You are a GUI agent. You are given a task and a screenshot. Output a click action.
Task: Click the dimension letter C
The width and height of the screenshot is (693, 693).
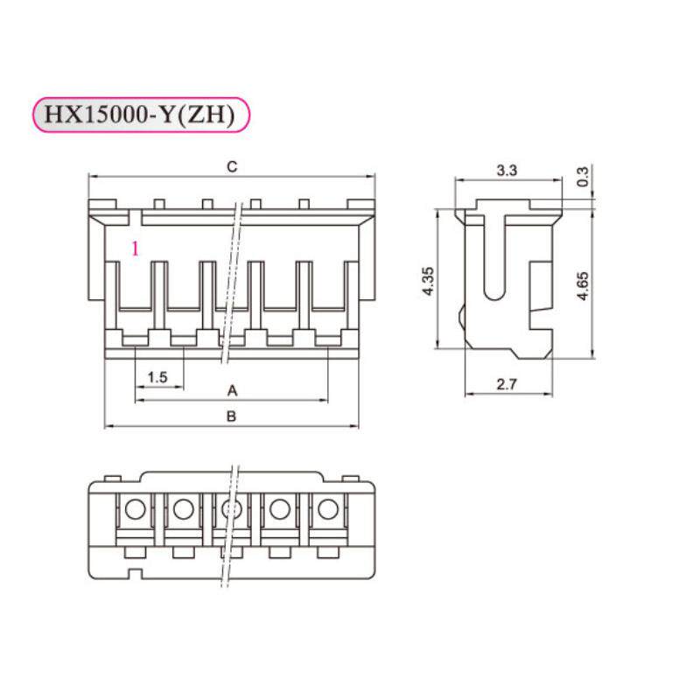click(x=231, y=166)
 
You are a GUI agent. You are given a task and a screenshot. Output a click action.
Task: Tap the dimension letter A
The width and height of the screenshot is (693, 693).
click(x=232, y=389)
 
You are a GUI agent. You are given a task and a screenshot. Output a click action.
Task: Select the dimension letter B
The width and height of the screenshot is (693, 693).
click(x=231, y=416)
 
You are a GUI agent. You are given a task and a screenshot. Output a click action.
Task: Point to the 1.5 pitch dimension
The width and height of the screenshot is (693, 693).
click(x=157, y=377)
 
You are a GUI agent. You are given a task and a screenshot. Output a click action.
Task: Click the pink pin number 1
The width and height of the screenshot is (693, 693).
click(x=135, y=248)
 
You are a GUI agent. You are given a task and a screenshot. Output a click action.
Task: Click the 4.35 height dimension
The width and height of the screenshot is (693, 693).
click(x=429, y=281)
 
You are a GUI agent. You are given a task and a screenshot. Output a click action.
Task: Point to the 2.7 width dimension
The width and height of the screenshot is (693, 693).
click(x=507, y=383)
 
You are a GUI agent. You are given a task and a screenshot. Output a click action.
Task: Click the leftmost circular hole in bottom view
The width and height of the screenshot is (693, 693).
click(x=135, y=508)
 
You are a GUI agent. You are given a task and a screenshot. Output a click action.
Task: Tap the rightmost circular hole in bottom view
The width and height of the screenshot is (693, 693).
click(x=327, y=508)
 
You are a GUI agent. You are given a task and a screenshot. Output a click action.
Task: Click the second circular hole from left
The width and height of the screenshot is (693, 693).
click(x=183, y=508)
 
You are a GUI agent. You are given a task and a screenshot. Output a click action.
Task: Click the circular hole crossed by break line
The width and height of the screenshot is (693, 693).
click(x=231, y=508)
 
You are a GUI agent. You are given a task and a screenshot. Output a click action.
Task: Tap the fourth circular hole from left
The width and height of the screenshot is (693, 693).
click(x=279, y=508)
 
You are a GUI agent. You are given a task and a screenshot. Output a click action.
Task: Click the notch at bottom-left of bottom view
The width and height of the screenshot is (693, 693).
click(x=135, y=574)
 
